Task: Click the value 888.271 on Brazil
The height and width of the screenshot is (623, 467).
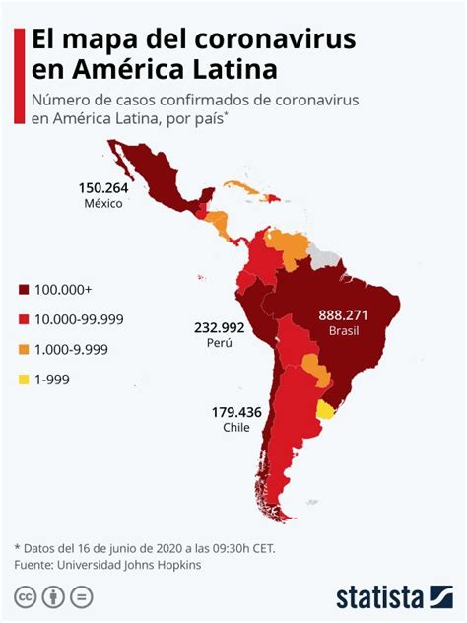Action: tap(344, 314)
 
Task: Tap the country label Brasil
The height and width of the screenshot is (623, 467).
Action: tap(344, 331)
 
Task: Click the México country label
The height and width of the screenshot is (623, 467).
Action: tap(102, 204)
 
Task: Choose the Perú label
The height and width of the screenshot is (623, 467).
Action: tap(219, 343)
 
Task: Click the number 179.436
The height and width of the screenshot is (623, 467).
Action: tap(236, 412)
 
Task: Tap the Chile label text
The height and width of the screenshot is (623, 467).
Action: tap(236, 429)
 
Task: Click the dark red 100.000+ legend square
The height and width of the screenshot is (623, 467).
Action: tap(23, 290)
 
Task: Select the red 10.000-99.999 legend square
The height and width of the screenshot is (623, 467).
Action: tap(23, 319)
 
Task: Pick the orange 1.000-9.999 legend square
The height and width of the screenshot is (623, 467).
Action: tap(23, 349)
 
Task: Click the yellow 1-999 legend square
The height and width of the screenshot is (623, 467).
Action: tap(23, 379)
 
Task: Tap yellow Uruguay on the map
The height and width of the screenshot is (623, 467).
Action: tap(324, 410)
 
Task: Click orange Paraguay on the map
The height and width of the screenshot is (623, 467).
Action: tap(315, 369)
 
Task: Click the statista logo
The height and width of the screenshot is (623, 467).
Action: tap(393, 596)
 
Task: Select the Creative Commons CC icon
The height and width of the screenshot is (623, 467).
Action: tap(25, 596)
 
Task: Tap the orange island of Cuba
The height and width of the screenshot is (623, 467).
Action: tap(242, 186)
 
